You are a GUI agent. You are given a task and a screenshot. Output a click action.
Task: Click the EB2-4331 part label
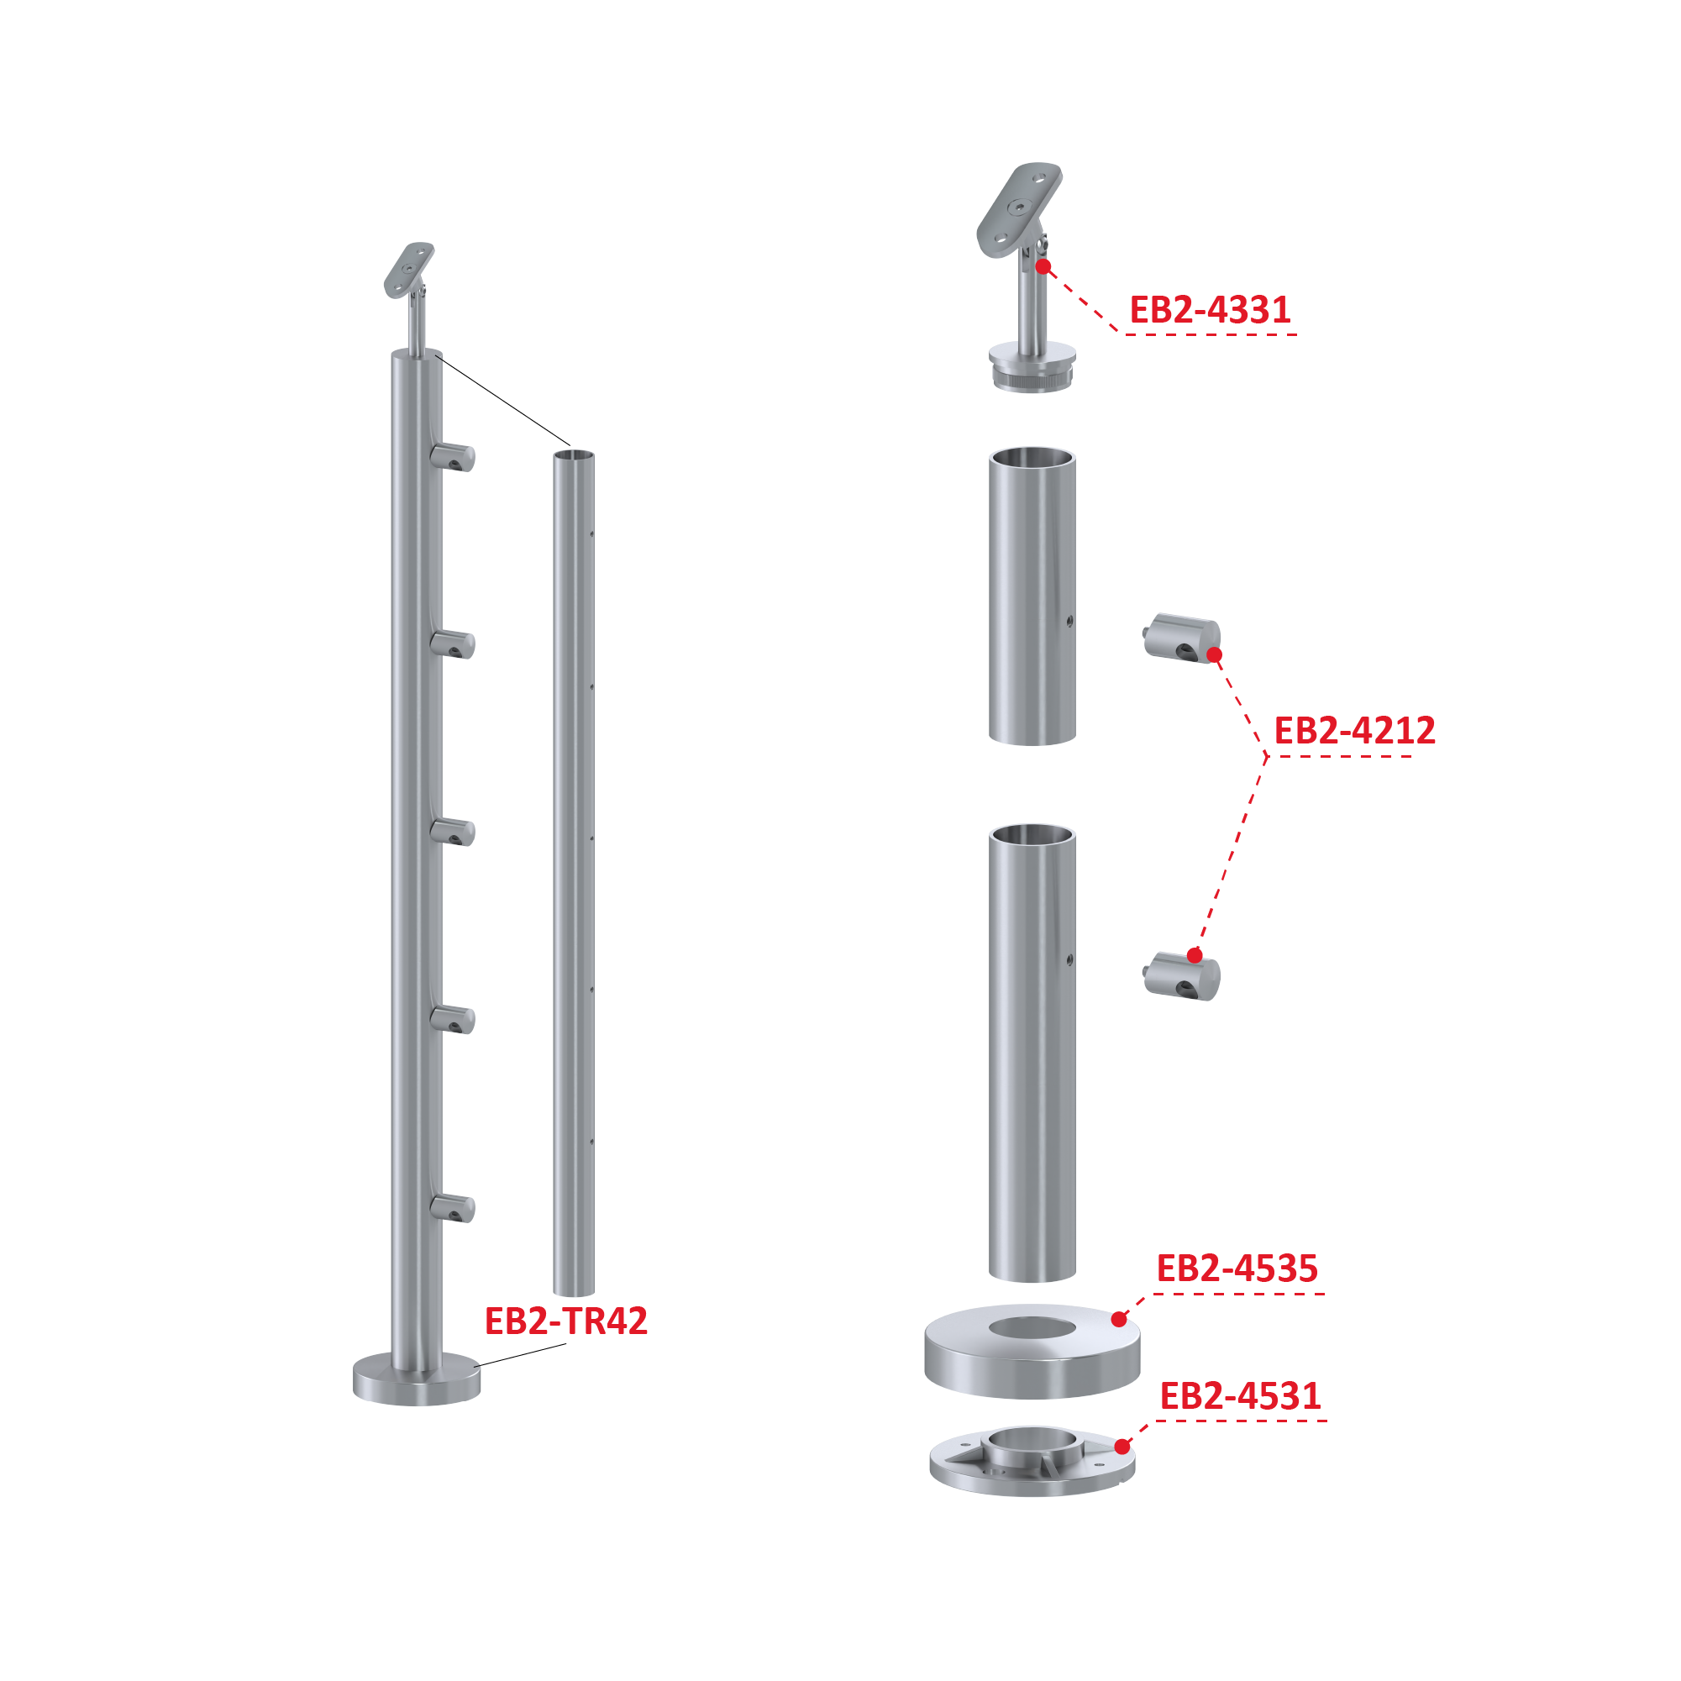(1210, 311)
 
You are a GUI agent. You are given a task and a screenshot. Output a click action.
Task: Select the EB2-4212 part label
(1355, 731)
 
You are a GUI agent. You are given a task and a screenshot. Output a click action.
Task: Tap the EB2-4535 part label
(1237, 1269)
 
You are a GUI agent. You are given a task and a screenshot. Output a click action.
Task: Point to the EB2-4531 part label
(1241, 1396)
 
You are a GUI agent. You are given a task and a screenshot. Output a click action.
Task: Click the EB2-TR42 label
(565, 1321)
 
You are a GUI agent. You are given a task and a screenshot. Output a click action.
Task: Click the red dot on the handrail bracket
(1043, 266)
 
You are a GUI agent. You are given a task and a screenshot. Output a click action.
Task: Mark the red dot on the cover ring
(1120, 1320)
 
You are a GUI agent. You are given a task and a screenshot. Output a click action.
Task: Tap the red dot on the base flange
(1122, 1447)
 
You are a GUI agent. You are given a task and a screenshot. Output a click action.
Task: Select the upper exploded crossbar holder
(1181, 638)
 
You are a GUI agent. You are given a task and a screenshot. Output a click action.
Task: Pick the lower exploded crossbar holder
(1181, 975)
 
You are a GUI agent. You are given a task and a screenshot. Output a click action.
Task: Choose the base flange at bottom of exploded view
(1032, 1462)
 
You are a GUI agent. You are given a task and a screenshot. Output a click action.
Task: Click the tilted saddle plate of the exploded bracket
(1018, 209)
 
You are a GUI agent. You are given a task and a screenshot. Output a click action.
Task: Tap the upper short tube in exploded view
(1032, 596)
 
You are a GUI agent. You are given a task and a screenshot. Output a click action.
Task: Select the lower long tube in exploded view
(1032, 1053)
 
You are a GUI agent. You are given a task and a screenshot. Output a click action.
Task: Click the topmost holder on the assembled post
(453, 457)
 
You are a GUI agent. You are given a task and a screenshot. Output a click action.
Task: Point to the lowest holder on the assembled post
(453, 1208)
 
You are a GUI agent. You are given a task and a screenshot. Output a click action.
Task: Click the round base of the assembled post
(417, 1379)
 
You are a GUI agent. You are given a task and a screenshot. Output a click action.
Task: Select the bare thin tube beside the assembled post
(575, 873)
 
